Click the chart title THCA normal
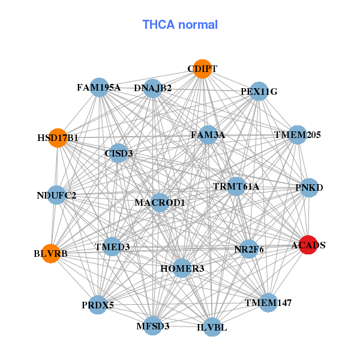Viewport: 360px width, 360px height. [x=180, y=25]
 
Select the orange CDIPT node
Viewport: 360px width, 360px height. [x=202, y=69]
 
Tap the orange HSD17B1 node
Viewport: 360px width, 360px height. [x=58, y=138]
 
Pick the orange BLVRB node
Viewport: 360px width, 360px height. [x=51, y=253]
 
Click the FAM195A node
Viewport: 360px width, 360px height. [x=99, y=88]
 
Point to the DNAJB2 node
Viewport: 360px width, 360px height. [x=152, y=88]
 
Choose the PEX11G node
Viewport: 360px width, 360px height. [x=259, y=92]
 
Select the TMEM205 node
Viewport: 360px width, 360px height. [x=298, y=135]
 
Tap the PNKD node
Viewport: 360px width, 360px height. [x=309, y=188]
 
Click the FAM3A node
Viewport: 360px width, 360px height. [x=208, y=135]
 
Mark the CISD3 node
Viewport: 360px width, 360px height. [x=119, y=153]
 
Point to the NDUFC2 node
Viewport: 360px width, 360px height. [x=56, y=195]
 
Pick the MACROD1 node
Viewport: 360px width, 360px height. [x=160, y=203]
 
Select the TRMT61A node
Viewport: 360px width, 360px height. [x=236, y=187]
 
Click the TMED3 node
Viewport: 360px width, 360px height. [x=112, y=247]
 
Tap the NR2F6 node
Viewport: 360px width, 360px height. [x=249, y=248]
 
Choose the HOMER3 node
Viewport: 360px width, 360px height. [x=182, y=268]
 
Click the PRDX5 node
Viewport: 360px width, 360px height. [x=98, y=305]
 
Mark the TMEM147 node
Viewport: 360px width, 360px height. [x=268, y=302]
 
